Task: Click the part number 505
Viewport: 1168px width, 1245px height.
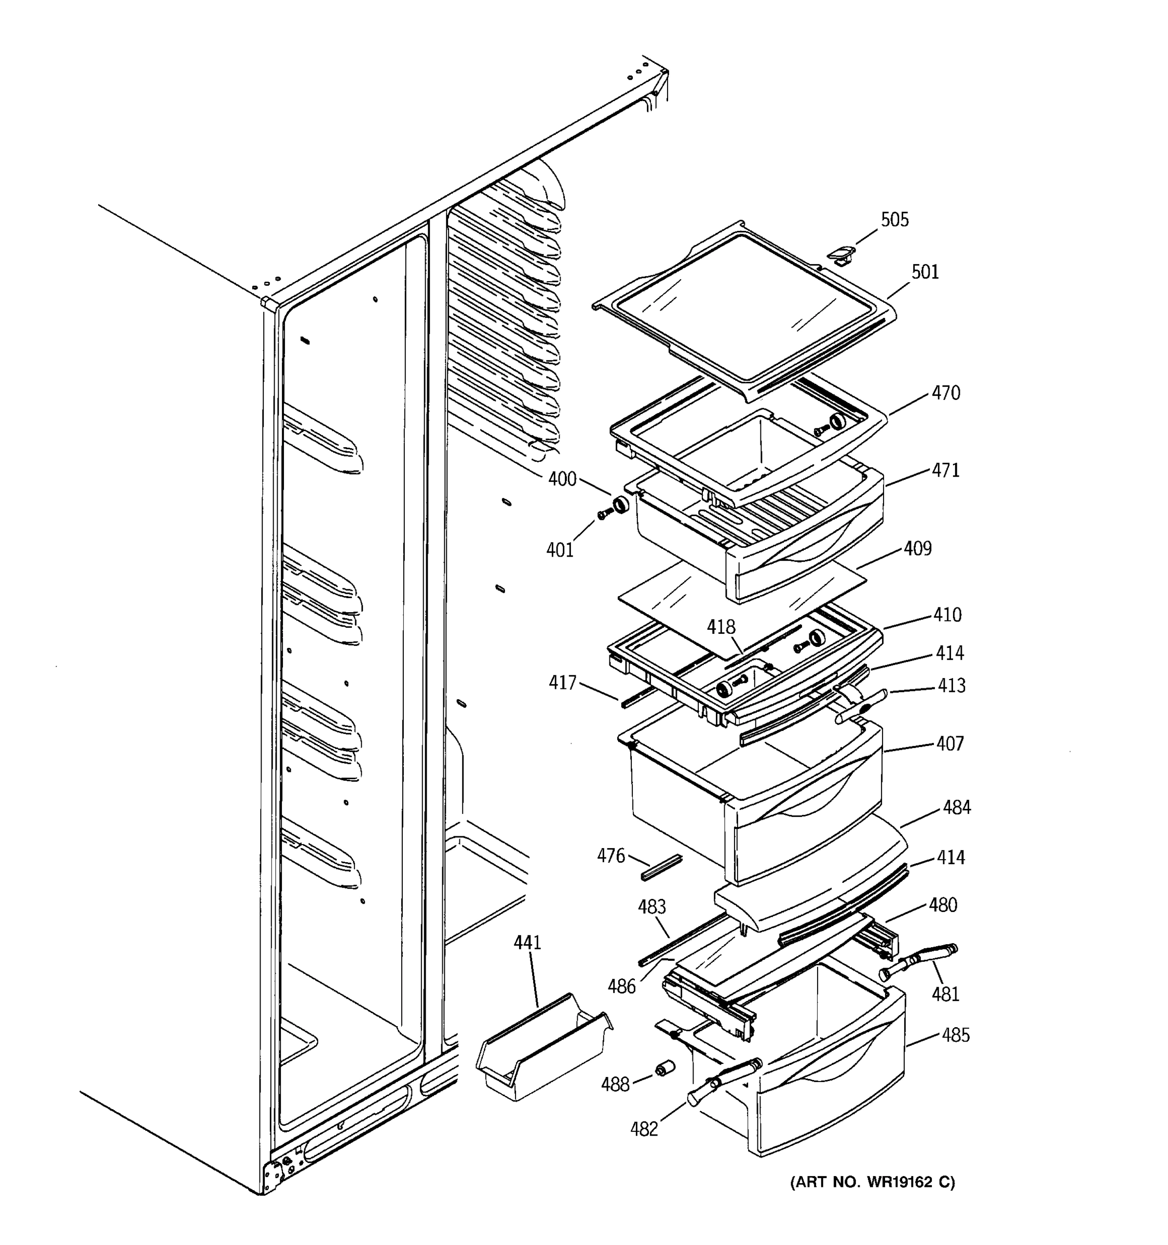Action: [894, 220]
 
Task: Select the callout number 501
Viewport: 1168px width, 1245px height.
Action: [925, 272]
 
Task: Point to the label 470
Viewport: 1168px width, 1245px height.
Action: [945, 393]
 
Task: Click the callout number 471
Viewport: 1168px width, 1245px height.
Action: [945, 471]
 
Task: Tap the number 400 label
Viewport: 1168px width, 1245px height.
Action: [562, 479]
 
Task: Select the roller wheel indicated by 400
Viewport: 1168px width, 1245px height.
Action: [620, 504]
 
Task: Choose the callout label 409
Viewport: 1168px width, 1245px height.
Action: [917, 549]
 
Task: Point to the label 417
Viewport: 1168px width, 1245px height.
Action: [562, 683]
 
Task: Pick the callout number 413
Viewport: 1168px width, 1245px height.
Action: [951, 686]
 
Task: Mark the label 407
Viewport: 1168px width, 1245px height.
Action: [950, 744]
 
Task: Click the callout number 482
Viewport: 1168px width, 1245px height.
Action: [644, 1130]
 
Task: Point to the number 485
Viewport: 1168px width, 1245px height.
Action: [955, 1036]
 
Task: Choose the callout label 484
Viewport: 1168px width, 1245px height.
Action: [957, 808]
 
